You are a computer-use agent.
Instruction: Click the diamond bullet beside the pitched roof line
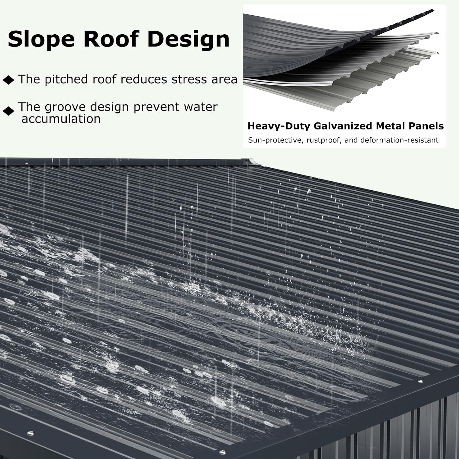click(x=9, y=80)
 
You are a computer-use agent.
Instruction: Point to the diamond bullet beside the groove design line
click(x=9, y=111)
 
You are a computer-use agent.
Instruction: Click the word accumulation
click(x=61, y=119)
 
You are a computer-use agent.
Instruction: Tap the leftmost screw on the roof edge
click(x=30, y=433)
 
